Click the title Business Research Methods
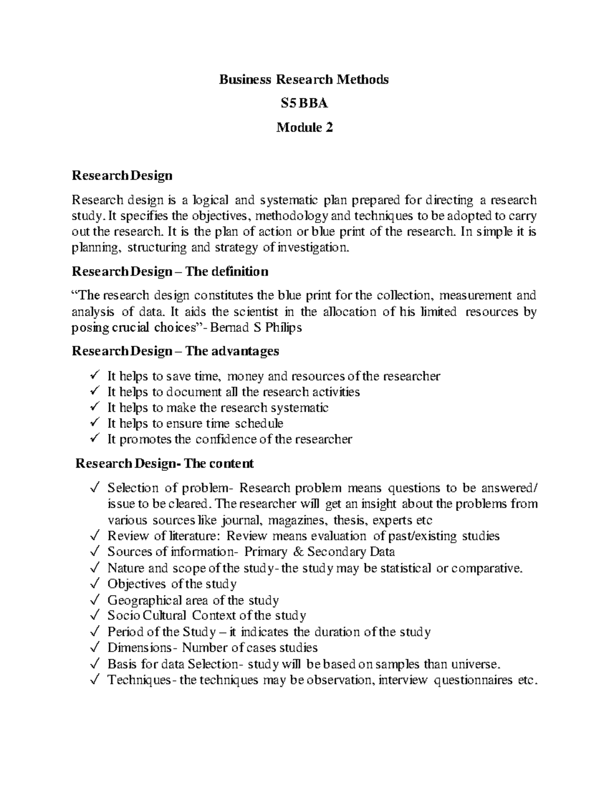[x=303, y=80]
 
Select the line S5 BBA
[x=304, y=104]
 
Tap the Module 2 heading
[x=304, y=127]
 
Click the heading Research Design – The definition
[x=170, y=271]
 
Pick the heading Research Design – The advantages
[x=175, y=351]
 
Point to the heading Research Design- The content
[x=164, y=463]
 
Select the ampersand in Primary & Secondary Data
[x=296, y=552]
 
